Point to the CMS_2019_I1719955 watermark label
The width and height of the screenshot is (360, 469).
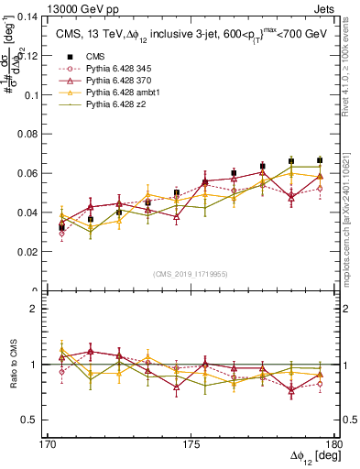tap(191, 273)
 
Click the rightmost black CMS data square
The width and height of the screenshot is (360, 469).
tap(320, 160)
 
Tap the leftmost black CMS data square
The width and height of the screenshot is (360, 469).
tap(62, 227)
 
